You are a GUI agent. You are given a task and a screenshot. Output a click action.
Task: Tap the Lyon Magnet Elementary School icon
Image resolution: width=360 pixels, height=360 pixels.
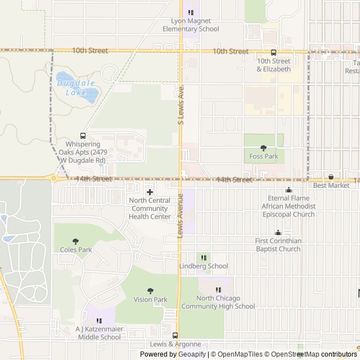[x=191, y=13]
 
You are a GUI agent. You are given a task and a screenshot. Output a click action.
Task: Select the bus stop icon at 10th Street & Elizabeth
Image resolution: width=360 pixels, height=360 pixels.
[x=274, y=52]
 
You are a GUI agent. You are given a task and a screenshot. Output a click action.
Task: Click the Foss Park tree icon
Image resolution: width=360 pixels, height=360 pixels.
[x=264, y=148]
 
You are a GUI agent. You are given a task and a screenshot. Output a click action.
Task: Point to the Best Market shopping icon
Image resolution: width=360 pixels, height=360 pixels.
[x=331, y=177]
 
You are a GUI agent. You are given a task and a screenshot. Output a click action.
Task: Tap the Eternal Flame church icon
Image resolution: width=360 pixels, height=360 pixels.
[x=289, y=190]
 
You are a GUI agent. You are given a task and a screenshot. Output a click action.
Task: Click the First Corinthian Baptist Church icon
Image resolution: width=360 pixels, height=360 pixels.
[x=278, y=232]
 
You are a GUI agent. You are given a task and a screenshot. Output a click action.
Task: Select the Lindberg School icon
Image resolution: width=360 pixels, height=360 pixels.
[x=204, y=258]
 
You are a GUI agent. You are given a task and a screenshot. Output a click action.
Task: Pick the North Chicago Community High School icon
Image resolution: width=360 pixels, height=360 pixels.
[x=218, y=290]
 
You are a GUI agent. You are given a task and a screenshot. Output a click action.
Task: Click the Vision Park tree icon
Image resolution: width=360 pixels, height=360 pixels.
[x=150, y=291]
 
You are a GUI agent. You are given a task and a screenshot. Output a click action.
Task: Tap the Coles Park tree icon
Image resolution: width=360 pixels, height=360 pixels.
[x=76, y=241]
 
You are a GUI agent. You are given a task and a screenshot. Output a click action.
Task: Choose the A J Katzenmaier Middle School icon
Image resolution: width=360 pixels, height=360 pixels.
[x=98, y=321]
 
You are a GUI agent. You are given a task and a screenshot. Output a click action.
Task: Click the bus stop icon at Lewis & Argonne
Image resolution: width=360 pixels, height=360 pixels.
[x=175, y=335]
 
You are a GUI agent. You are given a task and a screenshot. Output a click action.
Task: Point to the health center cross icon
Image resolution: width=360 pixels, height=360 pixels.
[x=150, y=192]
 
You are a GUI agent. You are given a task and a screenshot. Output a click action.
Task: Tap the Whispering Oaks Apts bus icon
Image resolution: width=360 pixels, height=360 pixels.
[x=83, y=136]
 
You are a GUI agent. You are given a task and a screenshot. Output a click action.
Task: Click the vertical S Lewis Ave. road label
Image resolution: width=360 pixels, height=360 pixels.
[x=181, y=105]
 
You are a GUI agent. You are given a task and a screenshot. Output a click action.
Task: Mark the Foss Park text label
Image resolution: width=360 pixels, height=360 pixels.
[x=264, y=156]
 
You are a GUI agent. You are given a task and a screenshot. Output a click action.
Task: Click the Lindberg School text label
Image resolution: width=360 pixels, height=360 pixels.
[x=204, y=266]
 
